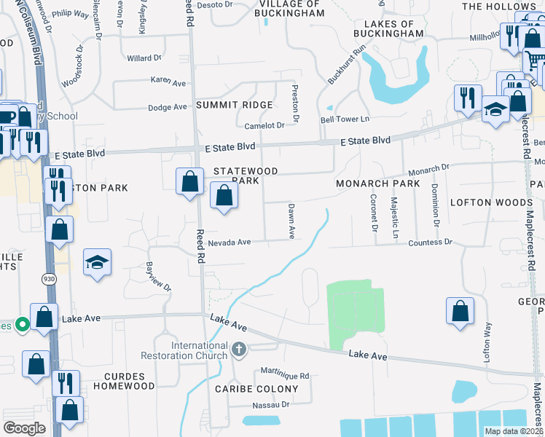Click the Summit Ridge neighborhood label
pos(228,106)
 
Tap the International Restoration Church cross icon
pos(238,351)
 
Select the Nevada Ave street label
pos(229,243)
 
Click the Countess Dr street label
pos(430,243)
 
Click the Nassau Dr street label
pos(271,404)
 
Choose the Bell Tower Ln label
pos(345,119)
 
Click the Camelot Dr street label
pos(264,126)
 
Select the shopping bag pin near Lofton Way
pos(460,311)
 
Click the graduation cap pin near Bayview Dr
pos(97,263)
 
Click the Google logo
pos(24,429)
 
